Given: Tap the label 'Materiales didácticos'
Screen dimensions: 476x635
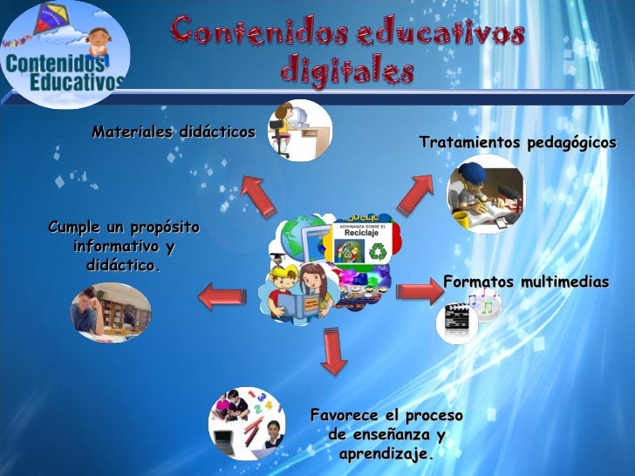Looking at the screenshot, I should [174, 133].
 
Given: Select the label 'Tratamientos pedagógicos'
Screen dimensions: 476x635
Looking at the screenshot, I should [517, 141].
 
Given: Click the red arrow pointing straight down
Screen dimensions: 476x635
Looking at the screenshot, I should [332, 350].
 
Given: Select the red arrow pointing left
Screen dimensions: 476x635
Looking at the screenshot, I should [220, 296].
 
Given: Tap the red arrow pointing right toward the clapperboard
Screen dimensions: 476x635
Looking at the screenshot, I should [421, 288].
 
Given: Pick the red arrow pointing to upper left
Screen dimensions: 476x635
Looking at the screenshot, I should [258, 194].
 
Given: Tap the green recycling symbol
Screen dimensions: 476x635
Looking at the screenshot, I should [379, 252].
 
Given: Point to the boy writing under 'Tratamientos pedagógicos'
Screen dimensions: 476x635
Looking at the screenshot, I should [484, 194].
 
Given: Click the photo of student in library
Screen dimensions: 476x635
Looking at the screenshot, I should [111, 311].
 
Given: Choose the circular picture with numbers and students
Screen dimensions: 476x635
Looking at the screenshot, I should [246, 423].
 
